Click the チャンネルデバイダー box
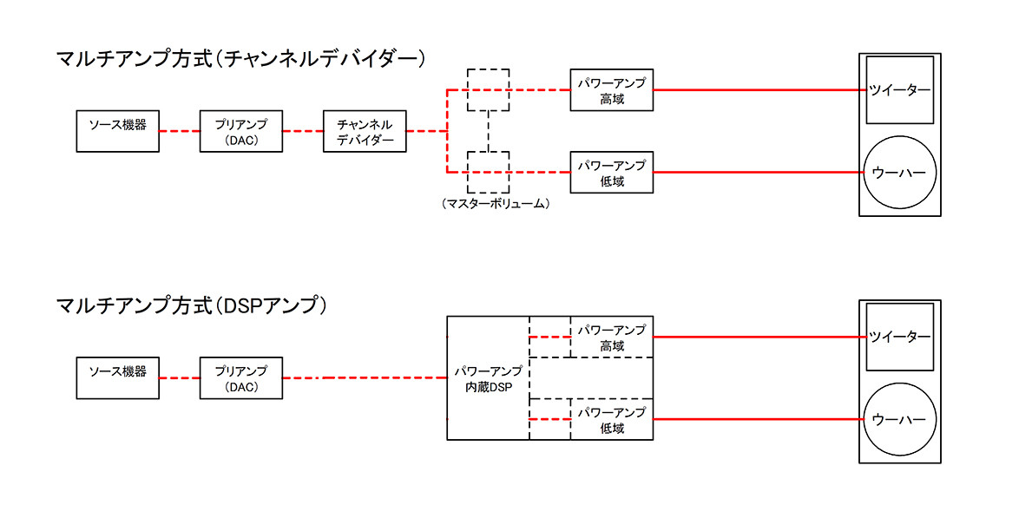pos(365,131)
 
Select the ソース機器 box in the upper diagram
pos(118,131)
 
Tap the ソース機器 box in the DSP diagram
pos(118,377)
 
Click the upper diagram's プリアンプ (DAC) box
pos(241,131)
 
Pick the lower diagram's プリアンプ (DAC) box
pos(241,377)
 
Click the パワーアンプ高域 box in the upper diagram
pos(611,89)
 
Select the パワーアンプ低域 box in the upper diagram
pos(611,172)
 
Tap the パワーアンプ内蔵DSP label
pos(488,378)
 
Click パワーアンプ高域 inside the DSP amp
pos(611,337)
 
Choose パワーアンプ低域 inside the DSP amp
pos(611,419)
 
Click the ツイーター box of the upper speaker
pos(899,90)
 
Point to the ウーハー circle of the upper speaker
pos(899,172)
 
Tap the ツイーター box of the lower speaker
pos(899,337)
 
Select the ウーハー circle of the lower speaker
pos(899,419)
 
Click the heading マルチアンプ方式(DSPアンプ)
pos(191,305)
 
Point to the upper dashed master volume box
pos(488,89)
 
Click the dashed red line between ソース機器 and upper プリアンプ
pos(180,131)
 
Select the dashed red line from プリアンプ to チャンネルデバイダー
pos(303,131)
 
